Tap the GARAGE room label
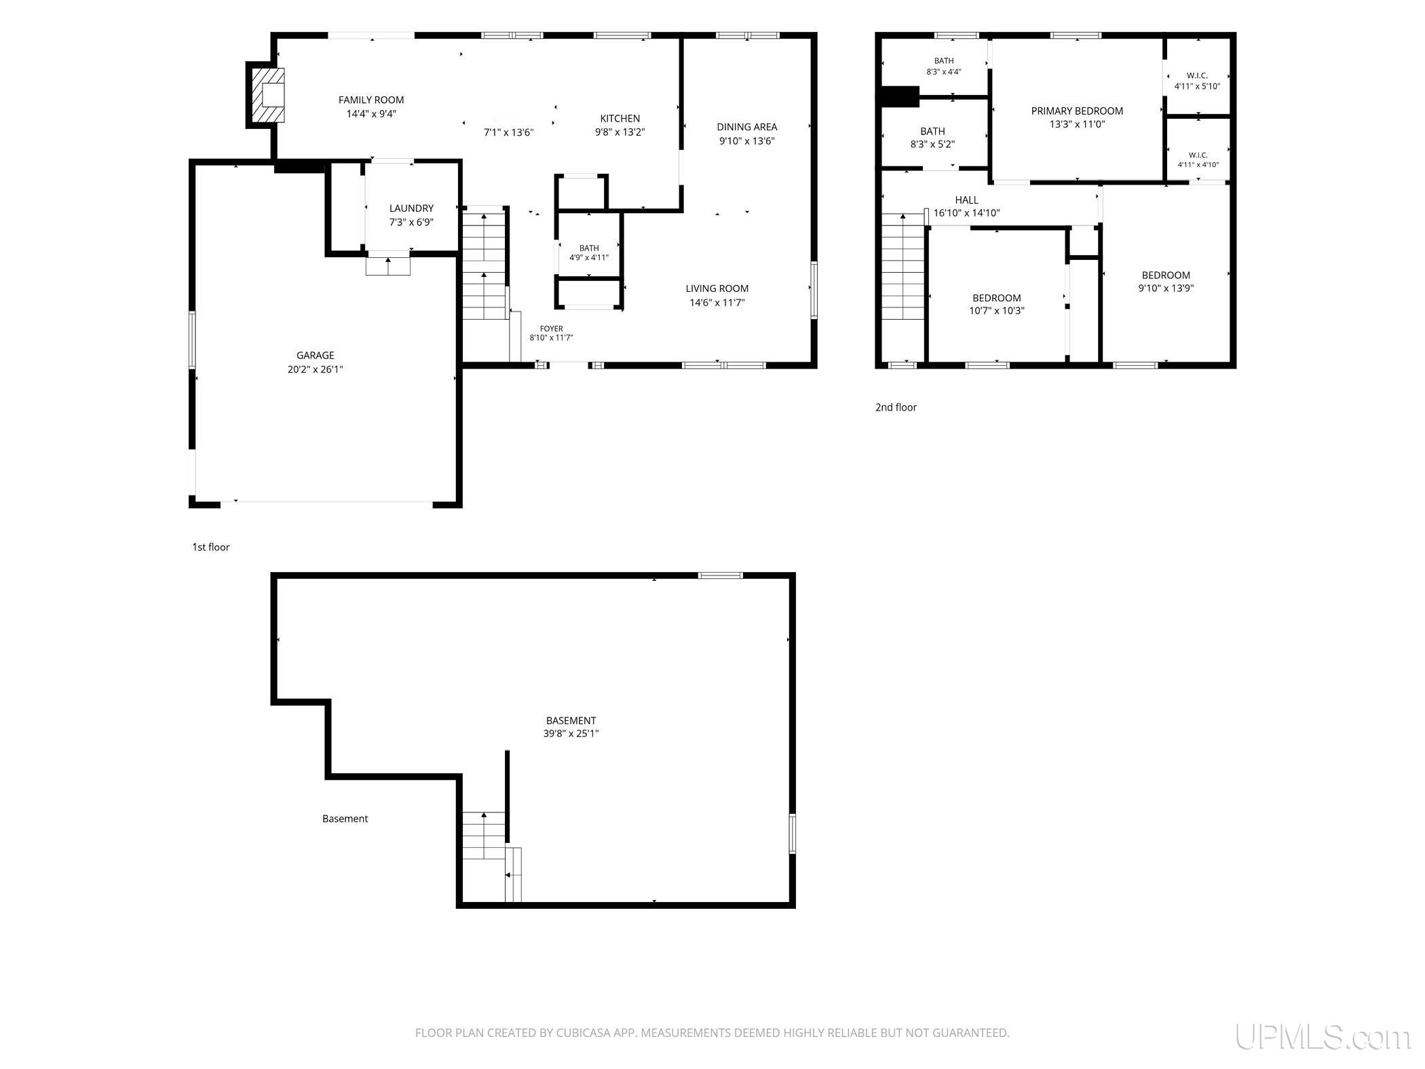tap(316, 355)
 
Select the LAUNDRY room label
tap(411, 208)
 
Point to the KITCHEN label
tap(620, 118)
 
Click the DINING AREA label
tap(747, 127)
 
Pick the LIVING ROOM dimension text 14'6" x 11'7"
tap(717, 303)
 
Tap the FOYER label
tap(552, 329)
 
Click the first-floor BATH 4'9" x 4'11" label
tap(589, 252)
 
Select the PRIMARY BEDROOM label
tap(1077, 111)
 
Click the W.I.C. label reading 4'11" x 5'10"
tap(1198, 81)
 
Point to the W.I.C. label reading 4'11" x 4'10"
tap(1198, 160)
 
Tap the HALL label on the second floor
tap(966, 200)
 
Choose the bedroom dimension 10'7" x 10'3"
tap(997, 311)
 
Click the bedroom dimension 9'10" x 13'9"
tap(1166, 288)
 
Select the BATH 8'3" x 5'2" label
tap(932, 138)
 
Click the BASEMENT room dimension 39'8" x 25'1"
tap(571, 734)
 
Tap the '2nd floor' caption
tap(896, 407)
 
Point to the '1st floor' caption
tap(211, 547)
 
